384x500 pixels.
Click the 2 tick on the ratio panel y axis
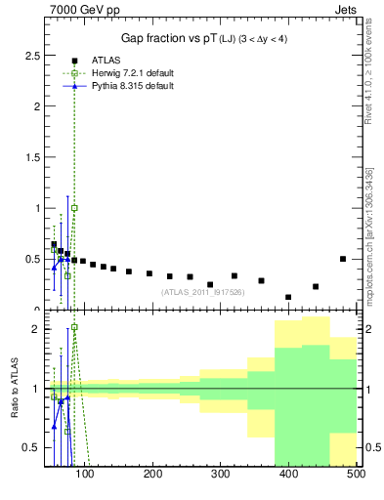pos(36,329)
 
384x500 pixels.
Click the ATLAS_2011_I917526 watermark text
pos(201,292)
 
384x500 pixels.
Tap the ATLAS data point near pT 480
pos(343,259)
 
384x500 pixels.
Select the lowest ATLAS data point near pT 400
pos(288,297)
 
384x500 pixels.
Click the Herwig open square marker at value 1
pos(74,208)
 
